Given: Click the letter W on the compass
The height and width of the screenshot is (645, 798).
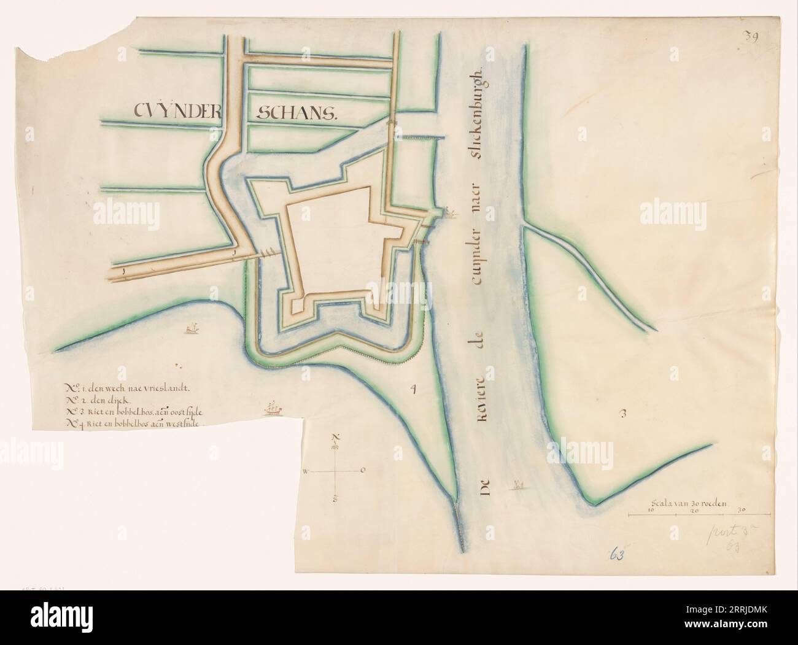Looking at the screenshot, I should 305,471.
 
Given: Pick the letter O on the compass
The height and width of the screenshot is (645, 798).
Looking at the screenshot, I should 363,470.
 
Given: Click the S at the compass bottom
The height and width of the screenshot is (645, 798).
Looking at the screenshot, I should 335,499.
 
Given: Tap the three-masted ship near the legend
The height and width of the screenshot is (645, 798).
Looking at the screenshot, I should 271,407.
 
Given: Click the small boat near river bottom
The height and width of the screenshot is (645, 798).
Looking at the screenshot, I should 519,485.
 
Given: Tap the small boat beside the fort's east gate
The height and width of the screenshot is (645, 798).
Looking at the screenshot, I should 451,213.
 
